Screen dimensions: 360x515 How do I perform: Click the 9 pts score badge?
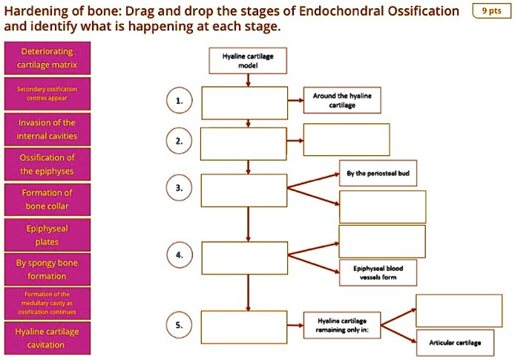(x=491, y=11)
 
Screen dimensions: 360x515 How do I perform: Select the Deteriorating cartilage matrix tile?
(x=47, y=59)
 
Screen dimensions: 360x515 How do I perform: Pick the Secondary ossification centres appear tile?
(x=47, y=94)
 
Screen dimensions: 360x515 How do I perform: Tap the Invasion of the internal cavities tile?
(x=47, y=129)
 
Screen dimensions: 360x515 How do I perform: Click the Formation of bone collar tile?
(x=47, y=199)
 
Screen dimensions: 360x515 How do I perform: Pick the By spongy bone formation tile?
(x=47, y=269)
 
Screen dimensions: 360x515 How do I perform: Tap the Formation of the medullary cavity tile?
(x=47, y=303)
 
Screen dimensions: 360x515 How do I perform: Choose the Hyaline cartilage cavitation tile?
(x=47, y=338)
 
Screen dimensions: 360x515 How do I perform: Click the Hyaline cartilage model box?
(x=248, y=59)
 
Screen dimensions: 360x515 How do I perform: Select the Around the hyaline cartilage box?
(x=342, y=101)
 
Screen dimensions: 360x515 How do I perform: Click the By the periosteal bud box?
(x=382, y=173)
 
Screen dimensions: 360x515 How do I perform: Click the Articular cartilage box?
(x=455, y=343)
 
